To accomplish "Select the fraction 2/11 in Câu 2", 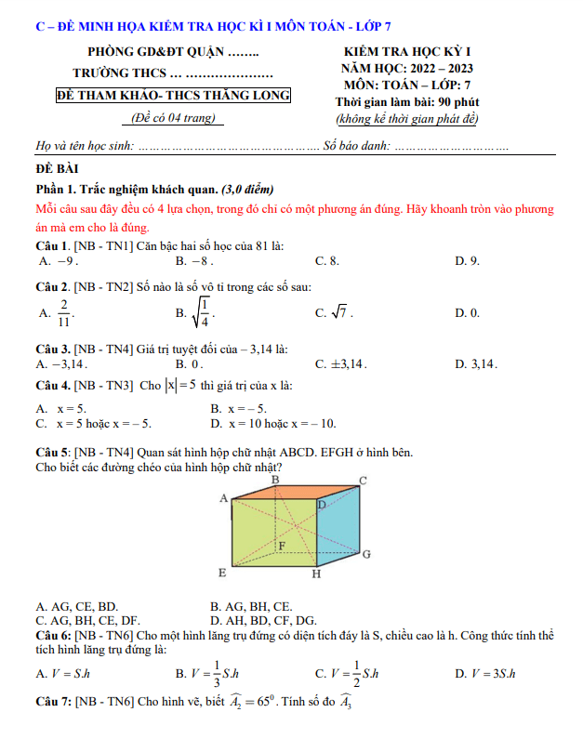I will pos(63,313).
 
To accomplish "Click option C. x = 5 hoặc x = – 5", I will pos(94,424).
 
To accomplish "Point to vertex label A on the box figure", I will pos(223,499).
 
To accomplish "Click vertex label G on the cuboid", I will pos(366,555).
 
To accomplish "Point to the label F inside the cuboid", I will pos(282,545).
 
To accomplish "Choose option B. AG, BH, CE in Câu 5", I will pos(251,606).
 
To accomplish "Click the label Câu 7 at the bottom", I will pos(52,703).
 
